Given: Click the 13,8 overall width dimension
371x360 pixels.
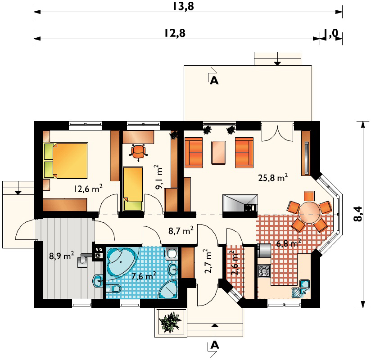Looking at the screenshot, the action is coord(183,6).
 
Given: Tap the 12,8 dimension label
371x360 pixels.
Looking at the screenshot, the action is coord(175,33).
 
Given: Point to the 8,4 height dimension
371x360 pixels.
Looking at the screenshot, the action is coord(358,214).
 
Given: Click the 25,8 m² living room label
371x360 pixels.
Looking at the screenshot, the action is coord(273,177).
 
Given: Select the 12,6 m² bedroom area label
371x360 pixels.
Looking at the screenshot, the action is coord(88,189).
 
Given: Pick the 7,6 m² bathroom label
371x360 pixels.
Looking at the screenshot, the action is coord(144,275).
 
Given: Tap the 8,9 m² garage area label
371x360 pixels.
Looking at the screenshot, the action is coord(62,256).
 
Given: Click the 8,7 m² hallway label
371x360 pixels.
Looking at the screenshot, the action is coord(181,230).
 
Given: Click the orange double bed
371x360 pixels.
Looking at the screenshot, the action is coord(66,160).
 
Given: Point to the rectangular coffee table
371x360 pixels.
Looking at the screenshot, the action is coord(218,153).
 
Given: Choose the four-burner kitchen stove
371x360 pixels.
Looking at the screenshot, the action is coord(264,271).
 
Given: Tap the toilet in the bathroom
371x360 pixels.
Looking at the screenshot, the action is coord(113,288).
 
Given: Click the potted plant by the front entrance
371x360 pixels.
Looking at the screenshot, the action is coord(170,322).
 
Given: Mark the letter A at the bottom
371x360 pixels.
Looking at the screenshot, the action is coord(214,345).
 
